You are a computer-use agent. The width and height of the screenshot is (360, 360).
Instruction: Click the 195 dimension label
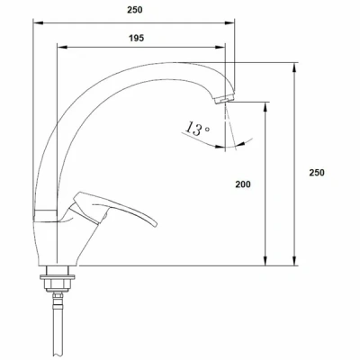tap(137, 39)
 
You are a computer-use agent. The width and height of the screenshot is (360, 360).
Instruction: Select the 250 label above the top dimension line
tap(135, 10)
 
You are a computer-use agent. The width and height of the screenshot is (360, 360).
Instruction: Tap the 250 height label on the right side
tap(317, 173)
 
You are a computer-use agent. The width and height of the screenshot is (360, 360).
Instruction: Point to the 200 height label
tap(243, 184)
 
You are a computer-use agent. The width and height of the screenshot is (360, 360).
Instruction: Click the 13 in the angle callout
tap(193, 129)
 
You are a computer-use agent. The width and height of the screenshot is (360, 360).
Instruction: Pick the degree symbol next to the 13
tap(207, 129)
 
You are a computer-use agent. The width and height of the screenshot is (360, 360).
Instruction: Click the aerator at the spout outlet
tap(225, 99)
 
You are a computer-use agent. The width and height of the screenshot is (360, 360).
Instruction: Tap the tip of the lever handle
tap(156, 224)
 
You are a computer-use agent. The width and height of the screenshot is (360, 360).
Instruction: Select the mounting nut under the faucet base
tap(58, 282)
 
